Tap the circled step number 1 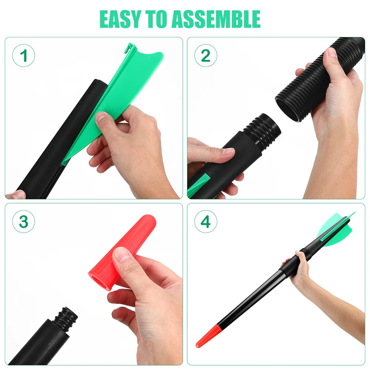click(24, 56)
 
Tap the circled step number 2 click(206, 56)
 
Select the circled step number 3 click(24, 222)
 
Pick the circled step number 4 click(206, 222)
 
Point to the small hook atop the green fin click(128, 48)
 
